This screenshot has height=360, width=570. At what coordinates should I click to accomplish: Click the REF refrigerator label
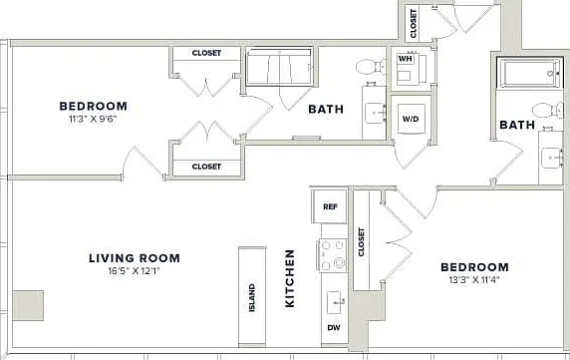click(x=330, y=206)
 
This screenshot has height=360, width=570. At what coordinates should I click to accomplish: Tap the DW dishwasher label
click(x=334, y=328)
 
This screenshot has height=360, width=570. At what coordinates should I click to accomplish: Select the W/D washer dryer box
click(x=411, y=119)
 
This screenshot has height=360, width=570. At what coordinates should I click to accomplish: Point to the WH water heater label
click(x=406, y=59)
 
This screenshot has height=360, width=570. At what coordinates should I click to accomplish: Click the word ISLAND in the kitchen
click(x=252, y=297)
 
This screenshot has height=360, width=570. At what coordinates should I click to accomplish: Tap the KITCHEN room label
click(x=290, y=278)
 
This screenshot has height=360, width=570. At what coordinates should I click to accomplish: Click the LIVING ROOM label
click(x=135, y=258)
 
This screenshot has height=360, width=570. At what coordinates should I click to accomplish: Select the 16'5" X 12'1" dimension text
click(x=135, y=271)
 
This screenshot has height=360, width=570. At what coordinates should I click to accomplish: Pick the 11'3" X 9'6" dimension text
click(x=94, y=119)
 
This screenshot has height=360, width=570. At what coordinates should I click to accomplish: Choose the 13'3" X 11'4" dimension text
click(x=474, y=280)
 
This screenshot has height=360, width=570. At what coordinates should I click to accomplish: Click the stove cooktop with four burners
click(x=332, y=255)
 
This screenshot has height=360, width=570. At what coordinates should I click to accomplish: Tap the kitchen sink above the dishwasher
click(x=335, y=302)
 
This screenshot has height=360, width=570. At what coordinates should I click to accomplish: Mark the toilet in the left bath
click(x=371, y=67)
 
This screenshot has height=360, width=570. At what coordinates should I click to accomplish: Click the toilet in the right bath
click(x=548, y=110)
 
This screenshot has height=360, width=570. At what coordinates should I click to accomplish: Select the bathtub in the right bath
click(x=530, y=73)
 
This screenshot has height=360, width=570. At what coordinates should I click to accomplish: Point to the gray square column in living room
click(x=28, y=305)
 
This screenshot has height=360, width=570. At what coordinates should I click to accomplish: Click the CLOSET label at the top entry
click(x=413, y=24)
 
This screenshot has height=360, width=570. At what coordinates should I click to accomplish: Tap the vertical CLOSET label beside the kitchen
click(x=361, y=241)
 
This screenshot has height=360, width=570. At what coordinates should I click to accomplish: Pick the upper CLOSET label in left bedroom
click(x=206, y=53)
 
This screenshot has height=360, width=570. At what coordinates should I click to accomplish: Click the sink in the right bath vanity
click(x=551, y=159)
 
